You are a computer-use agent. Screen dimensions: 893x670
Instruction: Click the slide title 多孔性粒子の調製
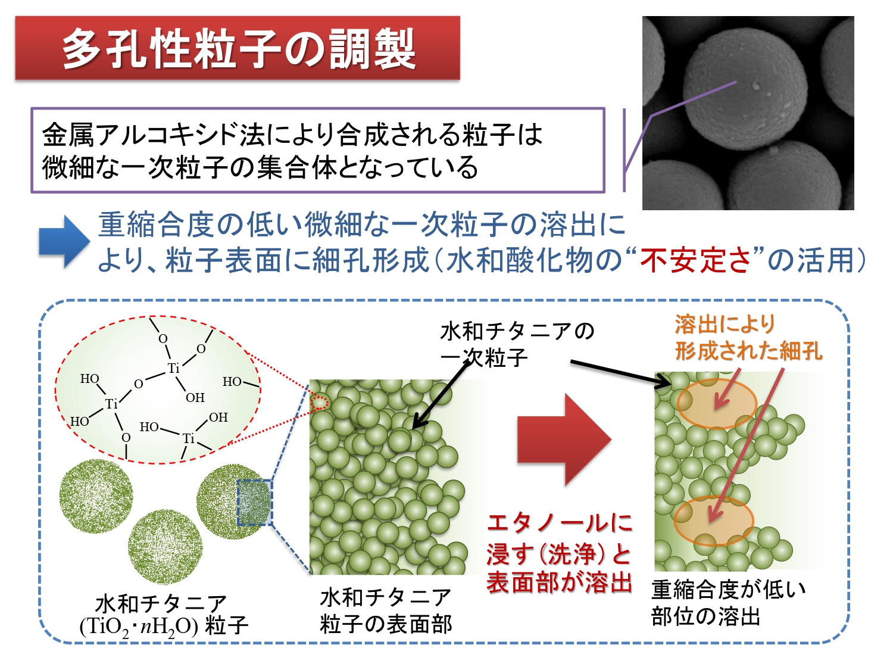click(x=239, y=49)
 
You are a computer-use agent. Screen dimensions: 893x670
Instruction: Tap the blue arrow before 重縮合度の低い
click(x=64, y=242)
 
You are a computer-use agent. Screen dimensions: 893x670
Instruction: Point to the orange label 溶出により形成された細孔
click(x=748, y=337)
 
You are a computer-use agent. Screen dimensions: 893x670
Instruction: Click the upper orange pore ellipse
click(x=717, y=403)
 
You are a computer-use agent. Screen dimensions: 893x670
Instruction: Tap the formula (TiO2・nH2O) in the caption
click(x=139, y=627)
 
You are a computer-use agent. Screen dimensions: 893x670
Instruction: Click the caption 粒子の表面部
click(x=386, y=624)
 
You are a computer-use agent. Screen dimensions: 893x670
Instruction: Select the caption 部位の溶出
click(x=706, y=616)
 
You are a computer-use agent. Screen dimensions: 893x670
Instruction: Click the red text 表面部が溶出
click(x=560, y=582)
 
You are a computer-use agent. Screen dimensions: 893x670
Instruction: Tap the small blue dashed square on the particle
click(x=254, y=503)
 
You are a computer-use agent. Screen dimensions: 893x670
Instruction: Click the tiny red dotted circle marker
click(x=320, y=403)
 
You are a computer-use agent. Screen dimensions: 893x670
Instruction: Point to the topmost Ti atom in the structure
click(x=174, y=368)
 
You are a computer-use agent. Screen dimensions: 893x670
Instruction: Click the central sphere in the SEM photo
click(x=745, y=89)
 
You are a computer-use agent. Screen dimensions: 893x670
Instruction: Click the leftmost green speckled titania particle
click(x=96, y=496)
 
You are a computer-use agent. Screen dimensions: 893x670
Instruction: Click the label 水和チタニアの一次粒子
click(x=517, y=345)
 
